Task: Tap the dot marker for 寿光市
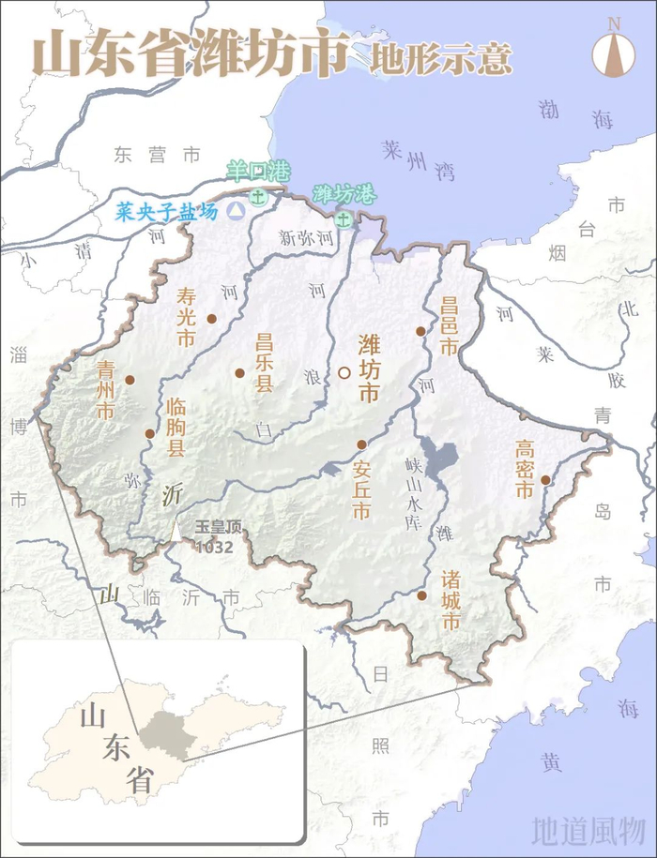click(212, 319)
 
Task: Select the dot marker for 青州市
click(130, 380)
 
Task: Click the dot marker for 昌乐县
click(239, 372)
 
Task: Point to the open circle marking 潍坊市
click(344, 372)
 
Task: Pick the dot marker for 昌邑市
click(421, 330)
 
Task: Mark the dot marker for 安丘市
click(360, 444)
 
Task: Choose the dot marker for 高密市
click(545, 480)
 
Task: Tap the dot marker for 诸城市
click(422, 595)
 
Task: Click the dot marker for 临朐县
click(149, 433)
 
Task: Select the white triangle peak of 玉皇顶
click(177, 530)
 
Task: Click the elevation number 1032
click(214, 547)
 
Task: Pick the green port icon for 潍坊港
click(344, 219)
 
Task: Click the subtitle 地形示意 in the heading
click(440, 58)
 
